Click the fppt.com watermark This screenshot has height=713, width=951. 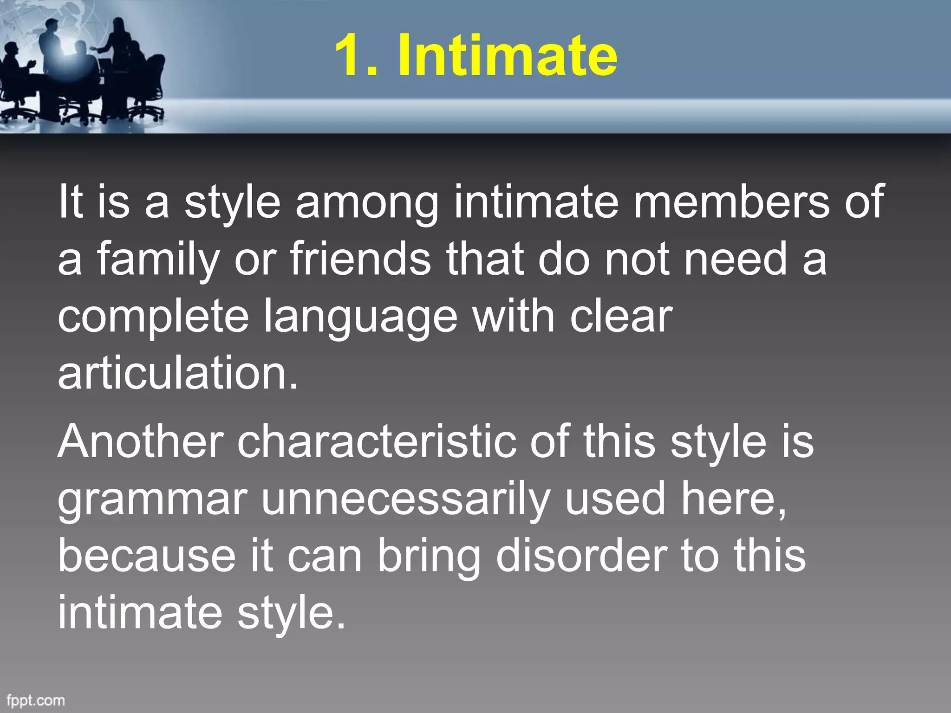pyautogui.click(x=36, y=700)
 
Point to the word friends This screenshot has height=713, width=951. pyautogui.click(x=360, y=259)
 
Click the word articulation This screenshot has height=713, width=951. pyautogui.click(x=177, y=374)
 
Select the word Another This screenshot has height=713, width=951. pyautogui.click(x=140, y=442)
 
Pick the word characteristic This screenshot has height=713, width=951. pyautogui.click(x=377, y=442)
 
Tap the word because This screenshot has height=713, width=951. pyautogui.click(x=147, y=556)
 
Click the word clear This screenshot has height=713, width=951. pyautogui.click(x=621, y=317)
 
